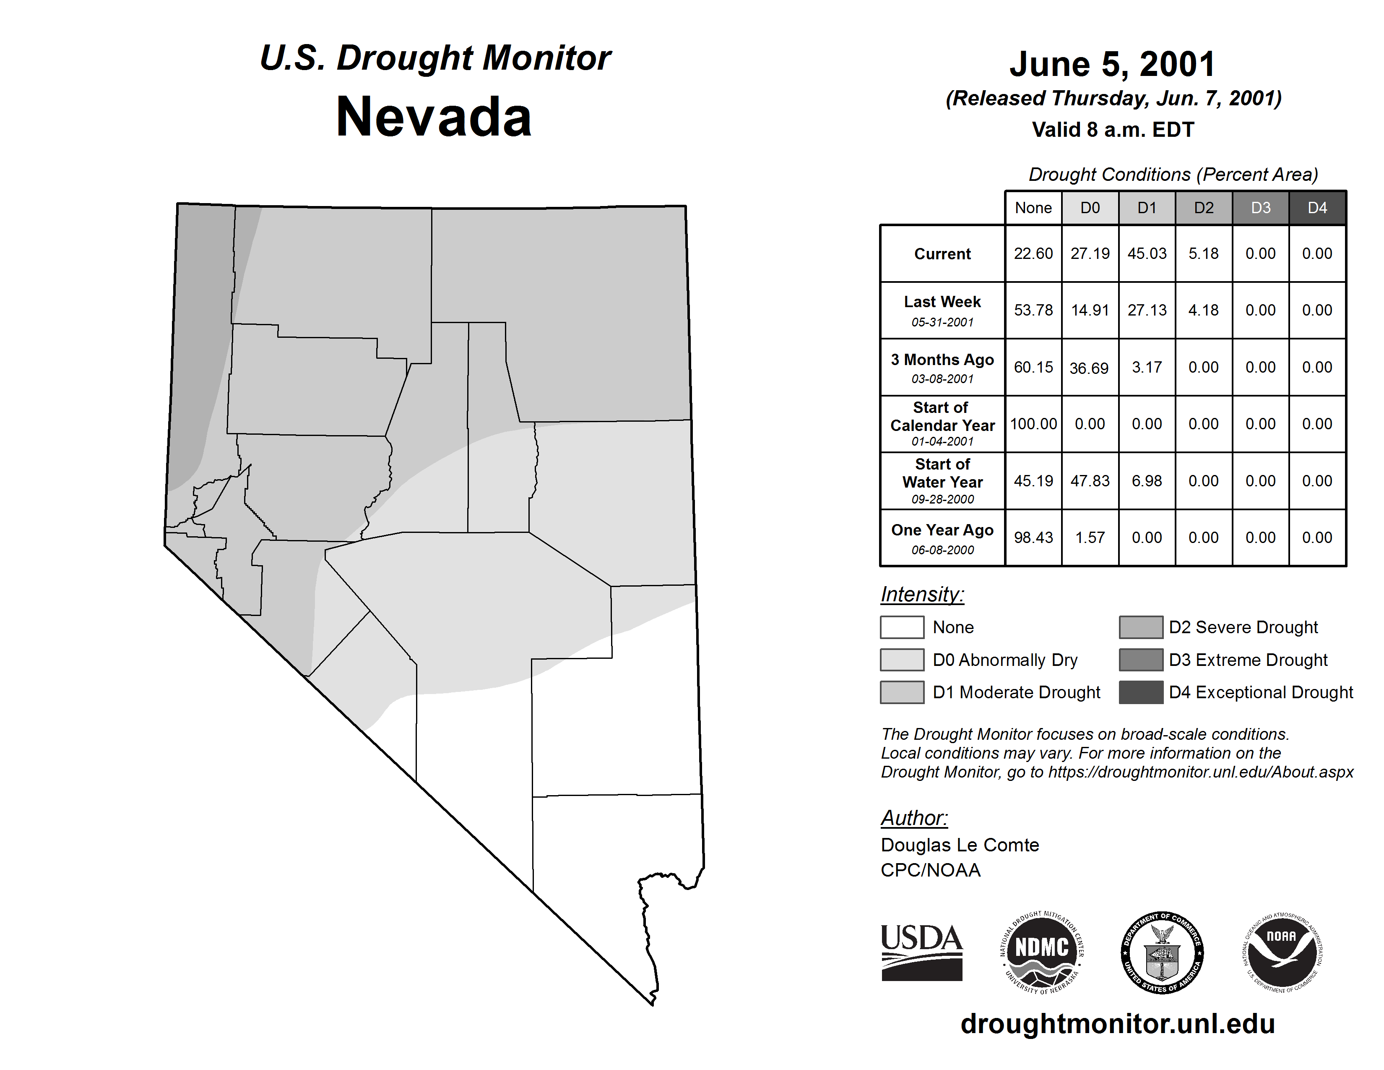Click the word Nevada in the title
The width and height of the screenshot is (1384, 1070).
pos(434,117)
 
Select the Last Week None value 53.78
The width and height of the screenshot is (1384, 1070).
pos(1033,310)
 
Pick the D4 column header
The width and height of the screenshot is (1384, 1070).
pos(1317,208)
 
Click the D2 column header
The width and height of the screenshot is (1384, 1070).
pos(1203,208)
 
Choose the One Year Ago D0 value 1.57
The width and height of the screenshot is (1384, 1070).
pos(1090,538)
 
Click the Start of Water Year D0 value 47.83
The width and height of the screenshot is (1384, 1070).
pos(1090,481)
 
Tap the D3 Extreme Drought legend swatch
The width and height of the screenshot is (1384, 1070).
pos(1141,660)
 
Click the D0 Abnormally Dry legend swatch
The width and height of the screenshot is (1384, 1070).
pos(902,660)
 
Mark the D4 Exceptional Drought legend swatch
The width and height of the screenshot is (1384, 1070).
pos(1141,692)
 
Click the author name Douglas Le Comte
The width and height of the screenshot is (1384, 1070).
pos(960,845)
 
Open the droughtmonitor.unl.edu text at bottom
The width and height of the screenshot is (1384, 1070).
pos(1117,1024)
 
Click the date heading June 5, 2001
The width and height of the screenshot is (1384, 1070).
pos(1113,64)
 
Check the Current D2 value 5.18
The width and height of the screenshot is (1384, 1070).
pos(1203,253)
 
